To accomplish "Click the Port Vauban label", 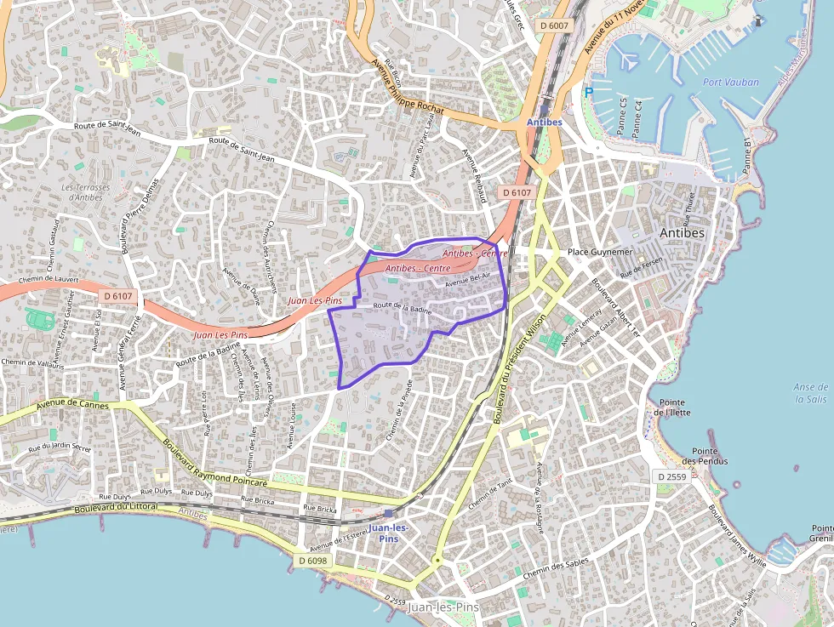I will point(731,83).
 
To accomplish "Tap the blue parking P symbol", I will point(588,92).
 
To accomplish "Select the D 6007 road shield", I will point(553,26).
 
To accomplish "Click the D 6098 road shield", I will point(313,561).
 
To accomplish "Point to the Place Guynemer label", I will point(601,253).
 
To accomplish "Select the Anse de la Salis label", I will point(811,392).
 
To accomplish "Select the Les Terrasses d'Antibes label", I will point(87,192).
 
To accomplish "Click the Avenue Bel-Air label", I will point(468,282).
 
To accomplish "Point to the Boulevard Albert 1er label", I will point(615,307).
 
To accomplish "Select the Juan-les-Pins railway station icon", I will point(389,513).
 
